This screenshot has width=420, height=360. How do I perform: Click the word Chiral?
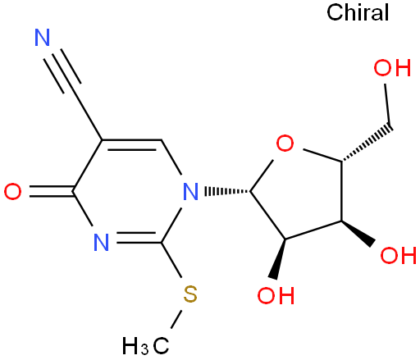pyautogui.click(x=358, y=12)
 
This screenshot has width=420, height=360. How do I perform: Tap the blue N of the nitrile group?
pyautogui.click(x=43, y=37)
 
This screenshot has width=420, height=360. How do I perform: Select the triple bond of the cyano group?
pyautogui.click(x=62, y=71)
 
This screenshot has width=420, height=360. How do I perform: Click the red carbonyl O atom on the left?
pyautogui.click(x=12, y=191)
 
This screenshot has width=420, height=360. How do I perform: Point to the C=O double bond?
pyautogui.click(x=51, y=191)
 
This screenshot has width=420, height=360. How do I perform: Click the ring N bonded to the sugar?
pyautogui.click(x=190, y=191)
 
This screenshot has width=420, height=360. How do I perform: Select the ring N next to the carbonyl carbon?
pyautogui.click(x=102, y=242)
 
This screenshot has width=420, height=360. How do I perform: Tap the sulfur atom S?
pyautogui.click(x=190, y=294)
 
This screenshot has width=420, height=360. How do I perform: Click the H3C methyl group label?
pyautogui.click(x=145, y=346)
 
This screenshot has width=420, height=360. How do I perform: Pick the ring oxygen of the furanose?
pyautogui.click(x=285, y=143)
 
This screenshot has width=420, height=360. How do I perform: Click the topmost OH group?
pyautogui.click(x=392, y=67)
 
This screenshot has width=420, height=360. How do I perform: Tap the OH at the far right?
pyautogui.click(x=399, y=255)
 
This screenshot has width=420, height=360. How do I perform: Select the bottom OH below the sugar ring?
pyautogui.click(x=276, y=295)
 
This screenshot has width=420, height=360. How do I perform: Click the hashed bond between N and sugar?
pyautogui.click(x=227, y=191)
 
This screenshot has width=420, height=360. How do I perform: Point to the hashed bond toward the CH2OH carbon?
pyautogui.click(x=367, y=144)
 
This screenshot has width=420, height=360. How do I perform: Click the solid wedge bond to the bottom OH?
pyautogui.click(x=279, y=259)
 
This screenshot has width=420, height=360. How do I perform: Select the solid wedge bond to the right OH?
pyautogui.click(x=358, y=234)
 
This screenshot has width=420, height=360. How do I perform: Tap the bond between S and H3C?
pyautogui.click(x=176, y=319)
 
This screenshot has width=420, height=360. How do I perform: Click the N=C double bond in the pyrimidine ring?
pyautogui.click(x=139, y=238)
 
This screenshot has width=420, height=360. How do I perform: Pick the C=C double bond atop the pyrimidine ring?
pyautogui.click(x=132, y=145)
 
